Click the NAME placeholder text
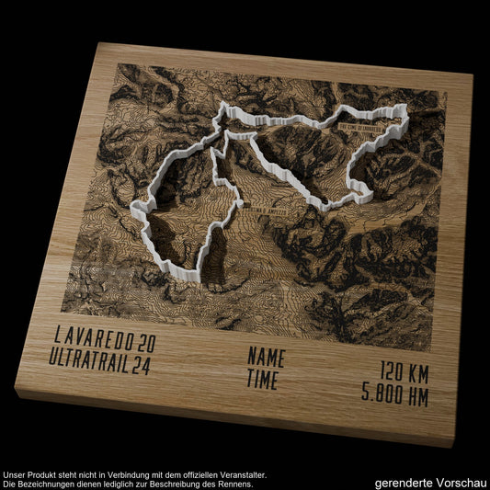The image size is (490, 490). tap(267, 357)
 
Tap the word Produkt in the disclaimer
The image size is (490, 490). tap(41, 474)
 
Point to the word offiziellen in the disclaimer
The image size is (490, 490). tap(189, 474)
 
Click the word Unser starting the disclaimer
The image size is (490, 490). tap(15, 474)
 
